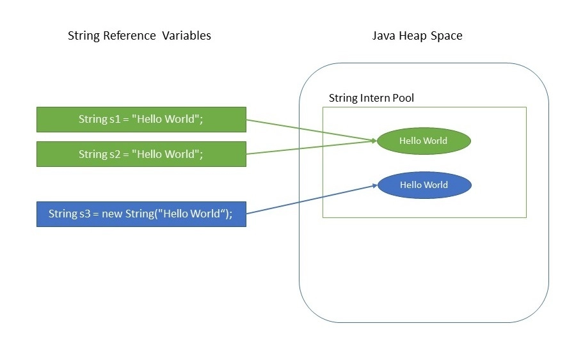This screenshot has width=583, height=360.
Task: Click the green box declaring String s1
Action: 141,120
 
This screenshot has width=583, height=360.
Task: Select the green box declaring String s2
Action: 141,154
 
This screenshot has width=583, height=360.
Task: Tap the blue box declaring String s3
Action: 141,214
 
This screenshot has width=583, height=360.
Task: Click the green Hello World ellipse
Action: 424,141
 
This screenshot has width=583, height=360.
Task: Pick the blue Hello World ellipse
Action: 424,185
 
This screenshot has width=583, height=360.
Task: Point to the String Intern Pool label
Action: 371,98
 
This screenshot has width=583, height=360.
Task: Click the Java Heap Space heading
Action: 417,36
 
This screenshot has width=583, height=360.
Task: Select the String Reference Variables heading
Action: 139,36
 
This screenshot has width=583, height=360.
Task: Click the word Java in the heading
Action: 382,36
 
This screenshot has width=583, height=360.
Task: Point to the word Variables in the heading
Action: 186,36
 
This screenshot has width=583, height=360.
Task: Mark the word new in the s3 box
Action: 113,214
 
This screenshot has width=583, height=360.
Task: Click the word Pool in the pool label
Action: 403,98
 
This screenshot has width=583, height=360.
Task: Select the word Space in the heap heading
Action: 448,36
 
